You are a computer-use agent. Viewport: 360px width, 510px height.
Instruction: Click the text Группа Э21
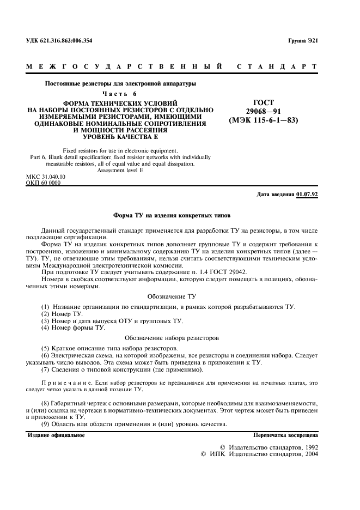point(302,41)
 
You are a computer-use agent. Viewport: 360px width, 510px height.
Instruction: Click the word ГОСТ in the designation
point(264,103)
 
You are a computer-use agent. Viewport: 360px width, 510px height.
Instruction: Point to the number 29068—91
point(264,112)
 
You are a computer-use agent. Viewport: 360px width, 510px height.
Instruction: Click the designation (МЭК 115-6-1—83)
point(264,120)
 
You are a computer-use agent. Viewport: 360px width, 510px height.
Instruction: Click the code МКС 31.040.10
point(46,177)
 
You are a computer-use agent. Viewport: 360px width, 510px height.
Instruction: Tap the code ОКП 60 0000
point(44,183)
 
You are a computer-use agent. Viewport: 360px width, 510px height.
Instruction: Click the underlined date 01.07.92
point(307,195)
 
